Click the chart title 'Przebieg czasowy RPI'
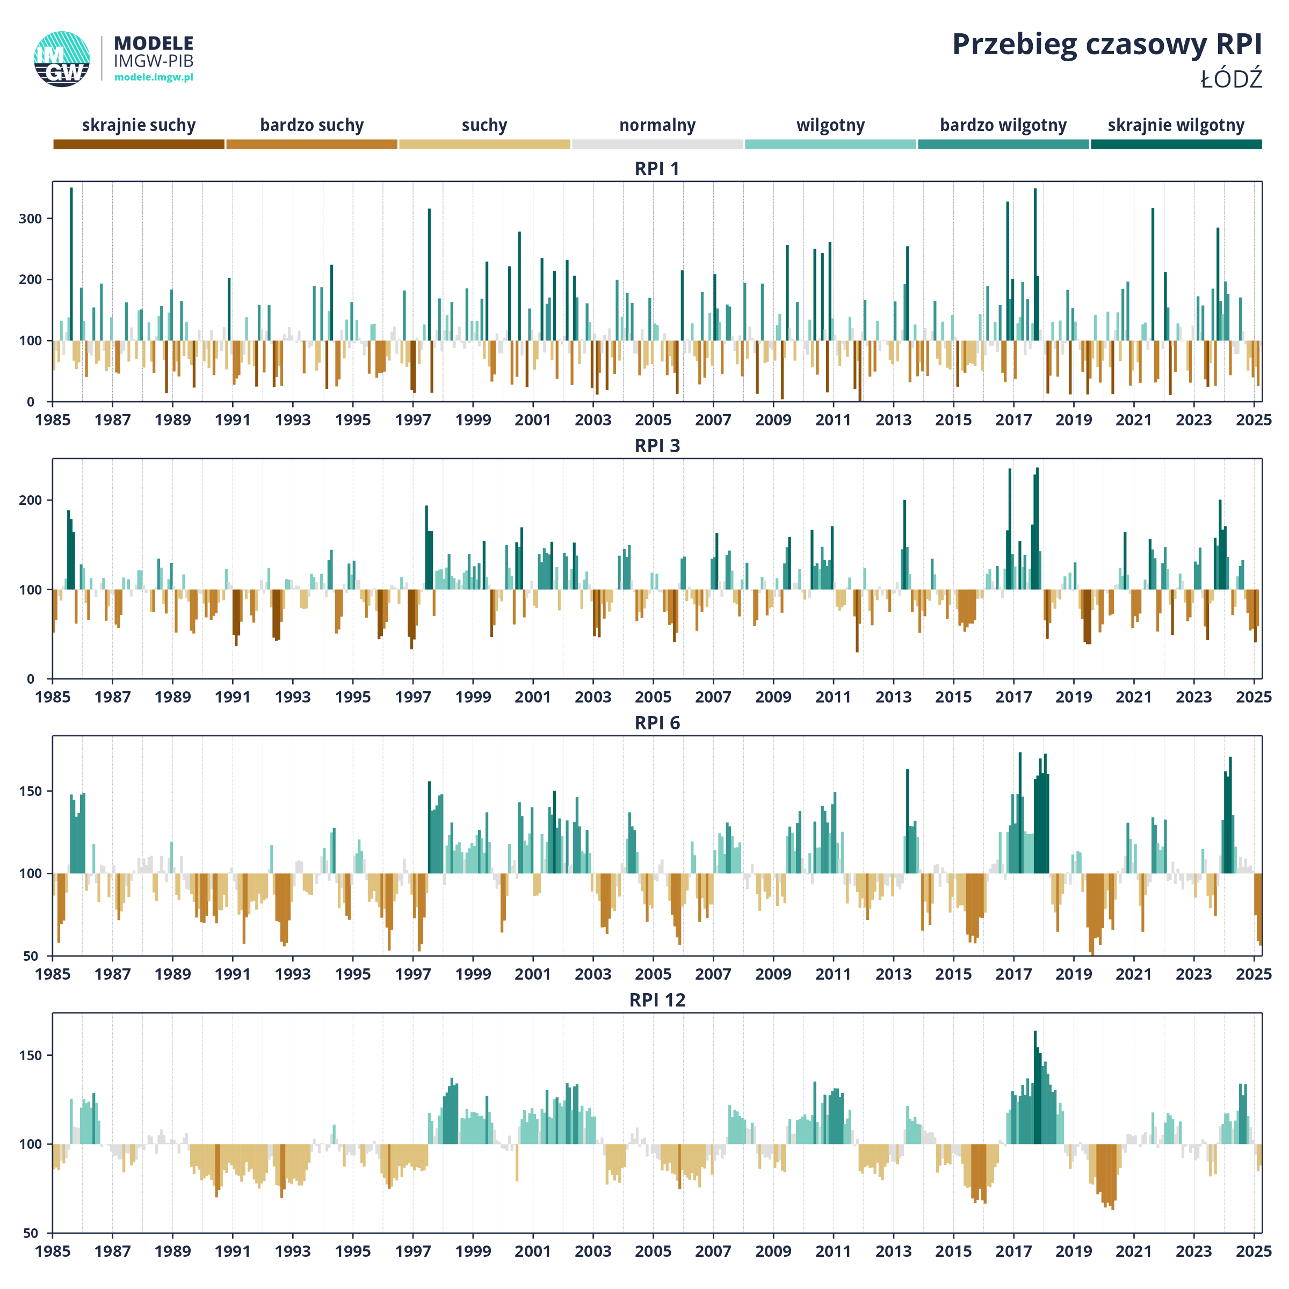point(1107,45)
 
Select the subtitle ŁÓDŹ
point(1232,79)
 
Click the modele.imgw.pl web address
point(154,77)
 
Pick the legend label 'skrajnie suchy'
point(139,126)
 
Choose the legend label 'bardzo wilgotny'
point(1003,126)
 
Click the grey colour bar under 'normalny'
point(658,144)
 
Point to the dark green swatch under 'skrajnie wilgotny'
point(1176,144)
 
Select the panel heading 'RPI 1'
point(657,169)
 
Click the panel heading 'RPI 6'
point(657,723)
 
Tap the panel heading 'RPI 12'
point(657,1000)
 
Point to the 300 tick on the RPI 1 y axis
point(31,219)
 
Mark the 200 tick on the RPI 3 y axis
point(31,501)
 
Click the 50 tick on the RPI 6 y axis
point(31,956)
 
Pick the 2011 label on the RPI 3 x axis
point(834,697)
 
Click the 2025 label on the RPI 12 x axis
point(1254,1251)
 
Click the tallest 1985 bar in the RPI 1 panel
point(71,264)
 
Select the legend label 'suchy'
point(484,126)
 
